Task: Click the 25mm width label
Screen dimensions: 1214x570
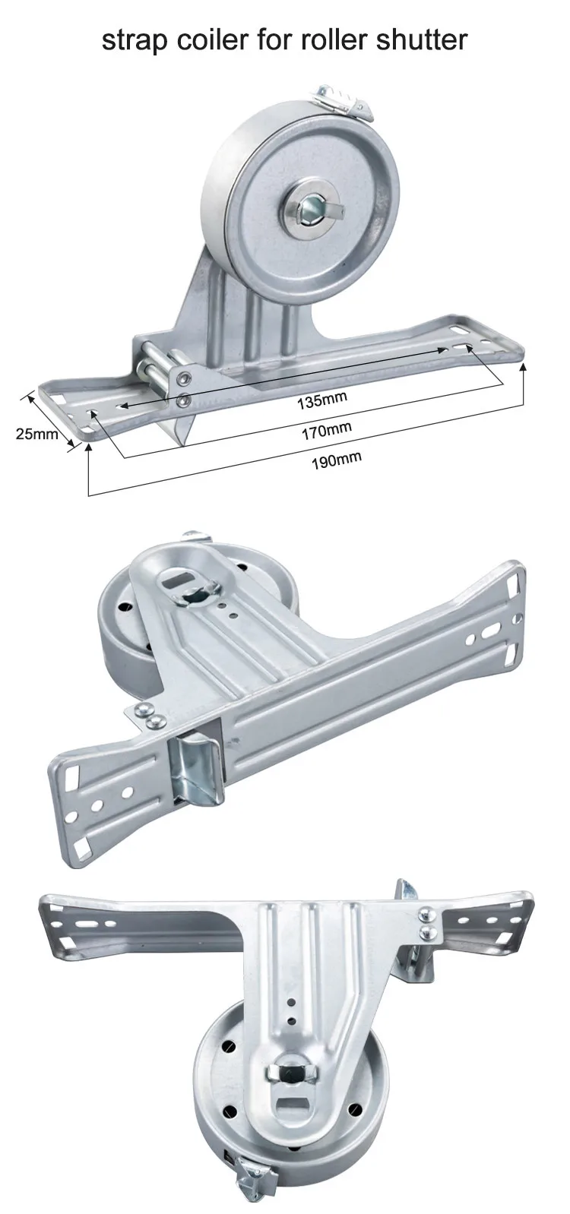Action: click(36, 434)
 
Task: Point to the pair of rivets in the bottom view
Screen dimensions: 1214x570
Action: click(428, 922)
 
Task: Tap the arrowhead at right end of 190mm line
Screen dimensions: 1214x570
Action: click(524, 368)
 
